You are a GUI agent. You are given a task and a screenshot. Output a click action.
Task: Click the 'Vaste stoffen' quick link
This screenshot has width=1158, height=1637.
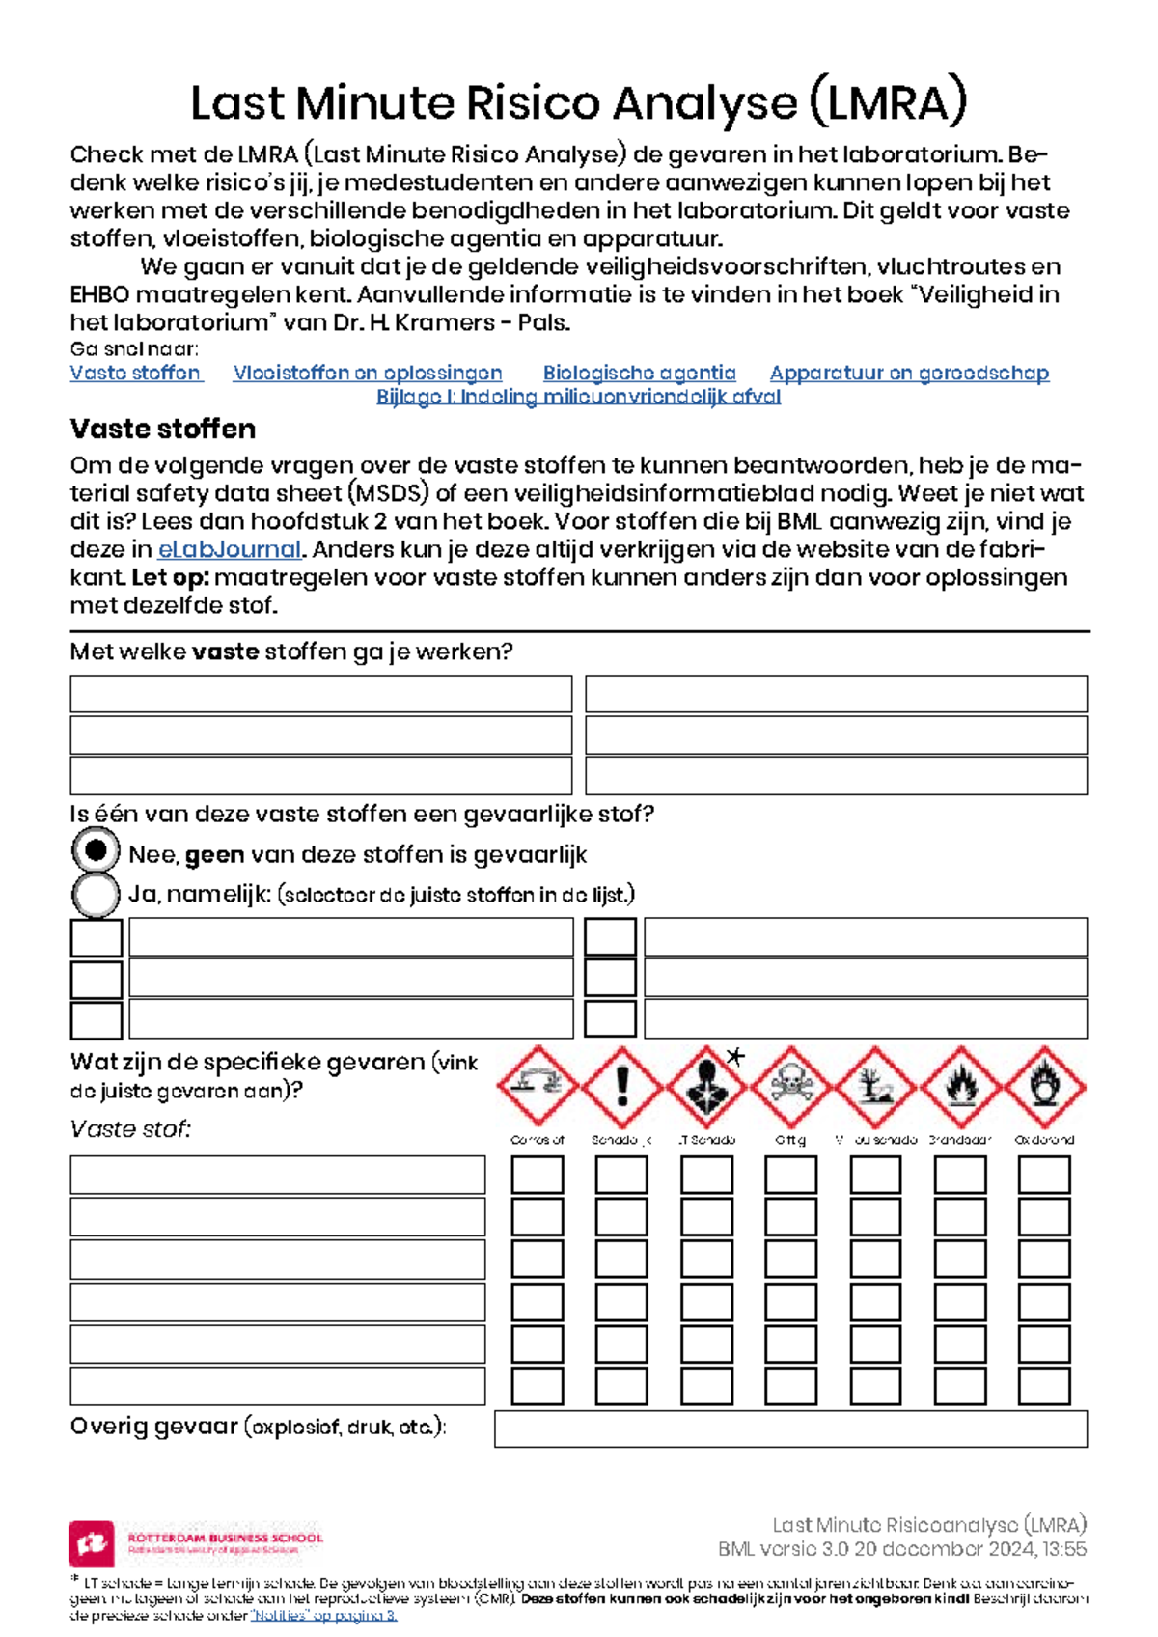click(135, 373)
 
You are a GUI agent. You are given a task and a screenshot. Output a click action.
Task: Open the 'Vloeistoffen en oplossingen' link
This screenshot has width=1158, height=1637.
click(367, 373)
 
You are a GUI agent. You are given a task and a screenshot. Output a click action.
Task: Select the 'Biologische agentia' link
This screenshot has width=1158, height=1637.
click(639, 373)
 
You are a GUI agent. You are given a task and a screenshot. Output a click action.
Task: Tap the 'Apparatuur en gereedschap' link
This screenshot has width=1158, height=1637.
click(909, 373)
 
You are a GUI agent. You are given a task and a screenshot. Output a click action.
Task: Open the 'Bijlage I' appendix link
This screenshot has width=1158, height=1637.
click(578, 397)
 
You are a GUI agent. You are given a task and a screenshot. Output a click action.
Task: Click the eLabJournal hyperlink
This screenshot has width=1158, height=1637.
click(230, 549)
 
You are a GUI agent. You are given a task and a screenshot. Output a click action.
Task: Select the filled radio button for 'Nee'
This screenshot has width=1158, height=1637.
click(96, 851)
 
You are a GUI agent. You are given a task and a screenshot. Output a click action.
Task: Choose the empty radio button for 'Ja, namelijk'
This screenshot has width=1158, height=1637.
click(96, 894)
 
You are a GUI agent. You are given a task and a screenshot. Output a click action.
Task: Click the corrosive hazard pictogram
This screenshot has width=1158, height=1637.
click(538, 1086)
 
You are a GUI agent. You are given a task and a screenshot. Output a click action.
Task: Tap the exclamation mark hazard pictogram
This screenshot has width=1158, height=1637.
click(622, 1086)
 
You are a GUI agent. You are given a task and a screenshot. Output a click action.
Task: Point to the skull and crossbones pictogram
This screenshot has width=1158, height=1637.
click(791, 1086)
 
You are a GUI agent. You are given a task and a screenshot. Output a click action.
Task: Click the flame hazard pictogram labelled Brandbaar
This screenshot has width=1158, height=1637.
click(960, 1086)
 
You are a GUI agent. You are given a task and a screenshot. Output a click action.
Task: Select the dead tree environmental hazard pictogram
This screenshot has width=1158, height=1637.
click(875, 1086)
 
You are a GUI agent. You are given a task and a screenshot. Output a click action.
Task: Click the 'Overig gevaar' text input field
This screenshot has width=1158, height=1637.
click(790, 1429)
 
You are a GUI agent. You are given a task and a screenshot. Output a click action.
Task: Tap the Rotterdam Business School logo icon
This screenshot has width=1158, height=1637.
click(92, 1542)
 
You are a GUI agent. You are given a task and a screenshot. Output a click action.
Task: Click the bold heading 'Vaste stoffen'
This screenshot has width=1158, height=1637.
click(163, 429)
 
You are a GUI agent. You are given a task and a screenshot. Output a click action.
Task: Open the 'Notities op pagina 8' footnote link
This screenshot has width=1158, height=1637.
click(323, 1615)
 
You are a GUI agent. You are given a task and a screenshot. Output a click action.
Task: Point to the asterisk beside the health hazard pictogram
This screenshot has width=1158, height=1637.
click(736, 1056)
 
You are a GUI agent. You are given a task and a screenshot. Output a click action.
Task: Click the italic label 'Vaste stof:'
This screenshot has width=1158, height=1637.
click(130, 1128)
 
